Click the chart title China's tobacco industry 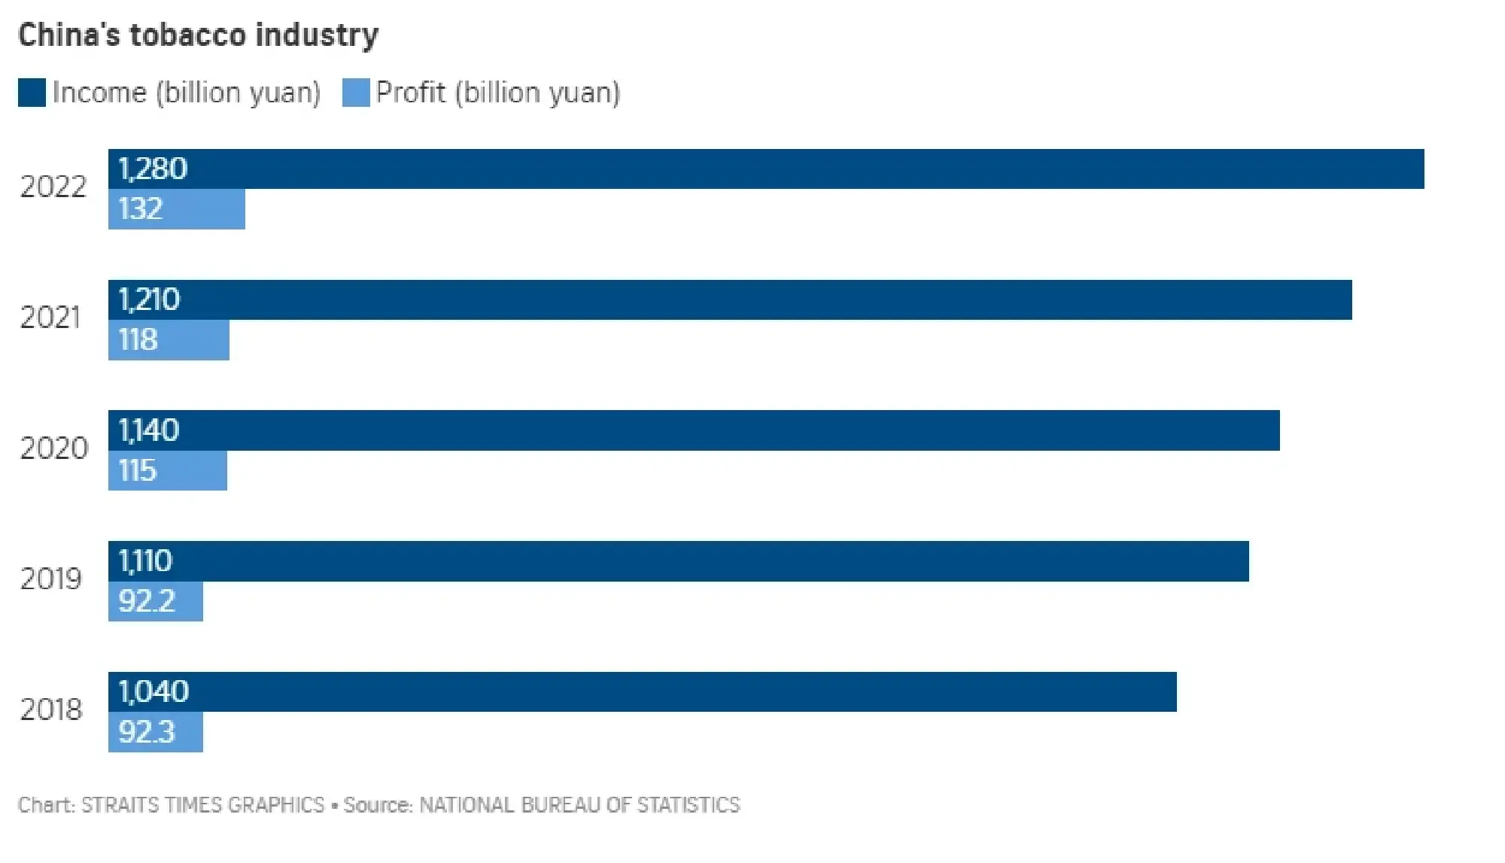click(198, 35)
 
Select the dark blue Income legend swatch click(32, 93)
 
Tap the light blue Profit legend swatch click(356, 93)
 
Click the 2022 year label click(53, 187)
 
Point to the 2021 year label click(50, 318)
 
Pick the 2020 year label click(54, 449)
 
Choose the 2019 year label click(51, 579)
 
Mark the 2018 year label click(51, 710)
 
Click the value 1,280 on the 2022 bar click(153, 169)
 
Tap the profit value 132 click(141, 209)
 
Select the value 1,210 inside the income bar click(149, 300)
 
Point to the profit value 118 click(138, 340)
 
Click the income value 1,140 click(149, 431)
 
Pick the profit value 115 click(138, 471)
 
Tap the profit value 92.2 click(147, 601)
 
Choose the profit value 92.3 click(147, 732)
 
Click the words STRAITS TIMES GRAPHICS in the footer click(202, 806)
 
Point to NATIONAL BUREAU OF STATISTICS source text click(579, 806)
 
